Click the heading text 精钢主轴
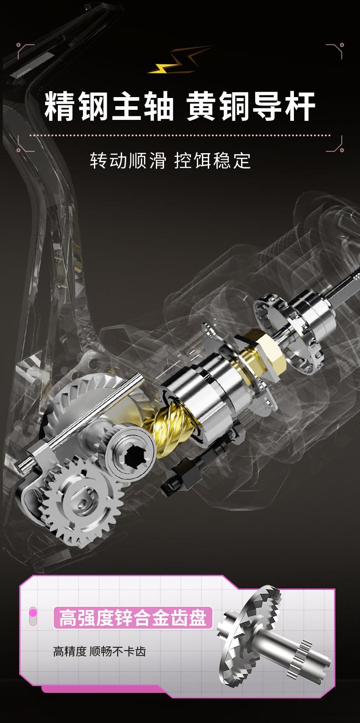(x=109, y=106)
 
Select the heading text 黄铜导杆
(x=251, y=106)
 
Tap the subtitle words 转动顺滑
(x=128, y=160)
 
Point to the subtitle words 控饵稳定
(x=212, y=160)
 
